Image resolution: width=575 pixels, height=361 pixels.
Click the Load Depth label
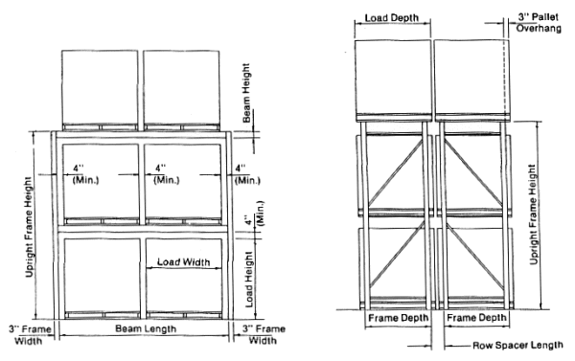[x=392, y=17]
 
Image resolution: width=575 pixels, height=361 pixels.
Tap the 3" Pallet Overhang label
[x=539, y=22]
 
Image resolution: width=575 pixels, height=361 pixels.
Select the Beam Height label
[x=246, y=93]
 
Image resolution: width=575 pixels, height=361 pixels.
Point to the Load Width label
[x=183, y=262]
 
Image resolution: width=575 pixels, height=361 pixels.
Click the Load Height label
[x=249, y=279]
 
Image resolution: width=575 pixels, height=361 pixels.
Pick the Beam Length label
[x=146, y=328]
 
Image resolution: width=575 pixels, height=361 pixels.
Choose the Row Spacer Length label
[x=517, y=346]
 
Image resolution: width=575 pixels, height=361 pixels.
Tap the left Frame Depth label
[x=399, y=317]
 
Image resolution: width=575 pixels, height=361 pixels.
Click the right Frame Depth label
[x=476, y=317]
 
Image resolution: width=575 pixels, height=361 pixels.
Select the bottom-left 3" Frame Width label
[x=30, y=335]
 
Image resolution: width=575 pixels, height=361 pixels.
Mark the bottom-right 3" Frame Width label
[x=264, y=334]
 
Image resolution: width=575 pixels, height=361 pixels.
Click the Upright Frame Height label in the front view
[x=30, y=227]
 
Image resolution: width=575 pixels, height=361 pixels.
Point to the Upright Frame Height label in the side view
[x=534, y=214]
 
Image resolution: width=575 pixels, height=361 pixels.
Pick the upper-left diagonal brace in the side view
[x=396, y=172]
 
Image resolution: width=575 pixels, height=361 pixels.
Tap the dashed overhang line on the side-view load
[x=504, y=77]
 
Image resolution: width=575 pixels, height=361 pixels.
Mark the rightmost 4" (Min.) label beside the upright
[x=247, y=174]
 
